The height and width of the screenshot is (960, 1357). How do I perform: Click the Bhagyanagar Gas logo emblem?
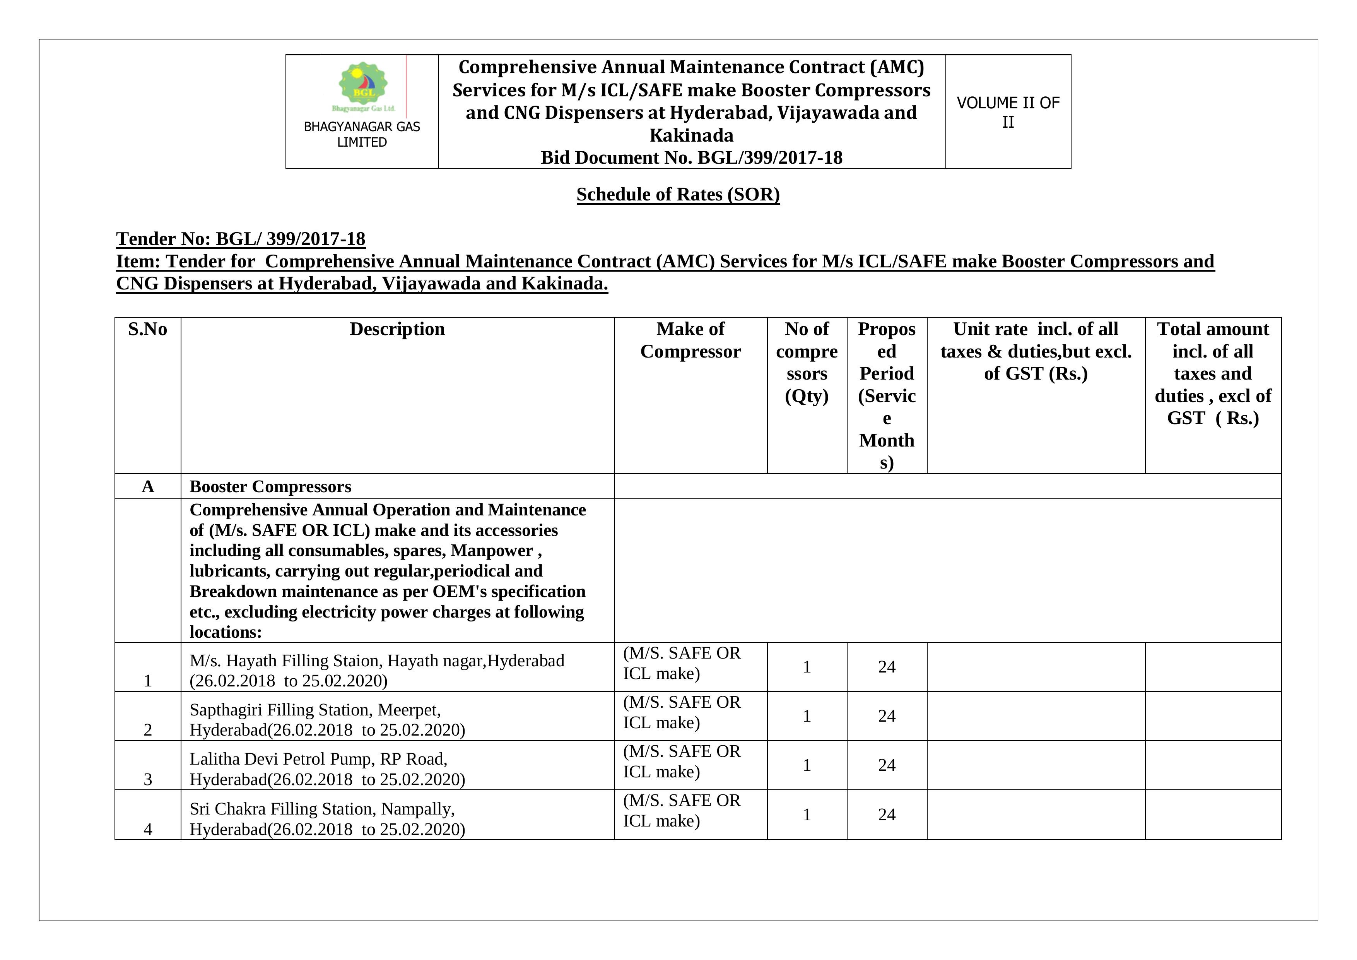point(363,86)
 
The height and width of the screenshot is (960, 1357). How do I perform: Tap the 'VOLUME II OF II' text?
point(1008,112)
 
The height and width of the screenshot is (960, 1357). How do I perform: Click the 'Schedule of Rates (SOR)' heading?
point(678,195)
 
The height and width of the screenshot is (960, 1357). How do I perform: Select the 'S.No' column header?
point(148,329)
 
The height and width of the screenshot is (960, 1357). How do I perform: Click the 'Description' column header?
point(397,329)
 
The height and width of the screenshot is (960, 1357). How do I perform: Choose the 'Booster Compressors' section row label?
point(270,486)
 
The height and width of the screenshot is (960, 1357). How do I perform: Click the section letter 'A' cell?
point(148,486)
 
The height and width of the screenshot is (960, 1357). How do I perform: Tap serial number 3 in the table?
point(148,779)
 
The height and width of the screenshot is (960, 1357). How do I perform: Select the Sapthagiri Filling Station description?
point(327,719)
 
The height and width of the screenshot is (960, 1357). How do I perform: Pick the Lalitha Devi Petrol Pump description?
point(327,769)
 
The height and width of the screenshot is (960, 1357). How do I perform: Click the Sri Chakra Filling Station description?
point(327,819)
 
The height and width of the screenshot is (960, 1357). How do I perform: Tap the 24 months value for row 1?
point(887,667)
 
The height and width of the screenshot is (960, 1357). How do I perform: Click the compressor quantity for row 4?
point(807,815)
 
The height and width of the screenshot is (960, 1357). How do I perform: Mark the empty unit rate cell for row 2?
point(1036,716)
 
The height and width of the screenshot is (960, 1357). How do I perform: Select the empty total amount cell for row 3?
point(1213,765)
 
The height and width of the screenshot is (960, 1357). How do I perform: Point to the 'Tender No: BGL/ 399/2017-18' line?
point(241,239)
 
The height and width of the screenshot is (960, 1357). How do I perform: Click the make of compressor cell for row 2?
point(682,712)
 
